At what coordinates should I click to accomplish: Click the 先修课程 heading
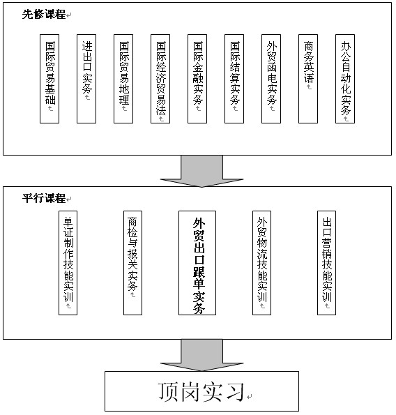(x=44, y=14)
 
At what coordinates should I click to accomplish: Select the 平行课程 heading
(x=44, y=198)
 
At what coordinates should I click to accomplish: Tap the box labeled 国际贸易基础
(x=49, y=79)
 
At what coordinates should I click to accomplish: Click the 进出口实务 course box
(x=86, y=79)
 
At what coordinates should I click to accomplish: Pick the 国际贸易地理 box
(x=123, y=79)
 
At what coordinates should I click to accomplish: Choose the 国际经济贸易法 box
(x=160, y=79)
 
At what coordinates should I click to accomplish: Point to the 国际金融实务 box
(x=197, y=79)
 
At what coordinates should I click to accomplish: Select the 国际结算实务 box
(x=234, y=79)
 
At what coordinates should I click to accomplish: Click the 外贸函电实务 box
(x=271, y=79)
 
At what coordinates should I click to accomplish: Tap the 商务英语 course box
(x=308, y=79)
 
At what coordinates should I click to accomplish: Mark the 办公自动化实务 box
(x=345, y=79)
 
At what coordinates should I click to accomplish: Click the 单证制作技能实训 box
(x=68, y=263)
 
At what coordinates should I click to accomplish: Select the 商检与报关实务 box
(x=132, y=263)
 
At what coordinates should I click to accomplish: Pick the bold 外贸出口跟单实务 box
(x=197, y=263)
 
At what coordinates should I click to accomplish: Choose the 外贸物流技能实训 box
(x=262, y=263)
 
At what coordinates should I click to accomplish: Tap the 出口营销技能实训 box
(x=327, y=263)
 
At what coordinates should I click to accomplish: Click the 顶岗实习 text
(x=201, y=392)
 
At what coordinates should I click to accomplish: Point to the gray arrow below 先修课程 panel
(x=202, y=172)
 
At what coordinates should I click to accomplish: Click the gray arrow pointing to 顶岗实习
(x=202, y=356)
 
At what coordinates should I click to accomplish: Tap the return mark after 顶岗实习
(x=249, y=397)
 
